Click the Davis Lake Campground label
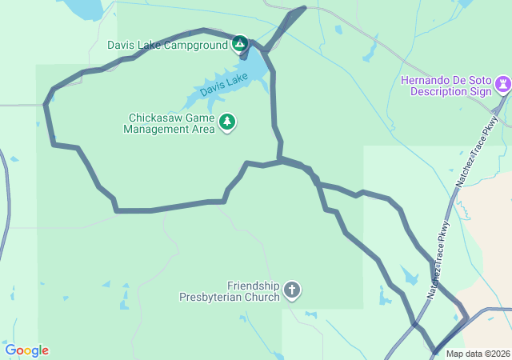coord(168,45)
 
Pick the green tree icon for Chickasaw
coord(228,122)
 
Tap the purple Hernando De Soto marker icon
coord(502,83)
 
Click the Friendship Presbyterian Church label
coord(230,291)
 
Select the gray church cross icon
coord(292,290)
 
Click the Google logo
coord(27,350)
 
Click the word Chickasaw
coord(150,116)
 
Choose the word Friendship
coord(254,286)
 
